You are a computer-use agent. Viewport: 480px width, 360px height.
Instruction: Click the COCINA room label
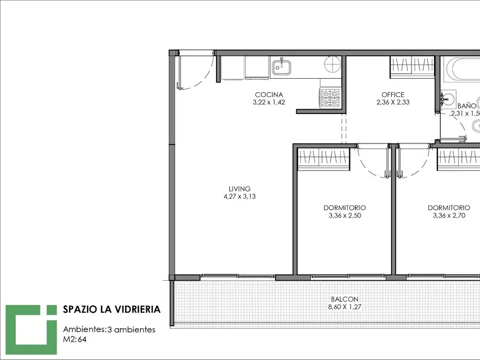click(269, 95)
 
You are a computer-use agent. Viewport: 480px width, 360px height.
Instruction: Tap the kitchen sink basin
click(282, 67)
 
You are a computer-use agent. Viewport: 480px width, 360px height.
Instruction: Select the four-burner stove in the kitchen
click(330, 98)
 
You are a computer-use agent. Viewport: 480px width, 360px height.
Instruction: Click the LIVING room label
click(240, 189)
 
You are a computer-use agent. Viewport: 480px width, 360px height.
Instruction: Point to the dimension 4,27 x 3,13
click(240, 196)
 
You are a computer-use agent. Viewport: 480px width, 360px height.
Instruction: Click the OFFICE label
click(393, 95)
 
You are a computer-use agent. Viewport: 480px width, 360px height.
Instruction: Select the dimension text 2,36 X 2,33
click(393, 102)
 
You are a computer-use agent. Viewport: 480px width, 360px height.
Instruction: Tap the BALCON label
click(345, 299)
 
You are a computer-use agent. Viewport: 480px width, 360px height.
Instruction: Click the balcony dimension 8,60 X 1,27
click(345, 307)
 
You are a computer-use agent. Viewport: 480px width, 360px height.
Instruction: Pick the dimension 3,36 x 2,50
click(345, 216)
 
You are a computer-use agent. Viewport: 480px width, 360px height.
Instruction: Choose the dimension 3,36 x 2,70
click(449, 216)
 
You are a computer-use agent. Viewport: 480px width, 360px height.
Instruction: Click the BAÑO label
click(467, 106)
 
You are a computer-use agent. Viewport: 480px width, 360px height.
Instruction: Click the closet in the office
click(412, 67)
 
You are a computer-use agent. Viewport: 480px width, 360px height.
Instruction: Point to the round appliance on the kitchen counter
click(332, 64)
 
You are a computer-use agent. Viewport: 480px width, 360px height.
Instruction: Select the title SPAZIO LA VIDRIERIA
click(112, 309)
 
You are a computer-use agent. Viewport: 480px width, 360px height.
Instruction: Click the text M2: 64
click(75, 339)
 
